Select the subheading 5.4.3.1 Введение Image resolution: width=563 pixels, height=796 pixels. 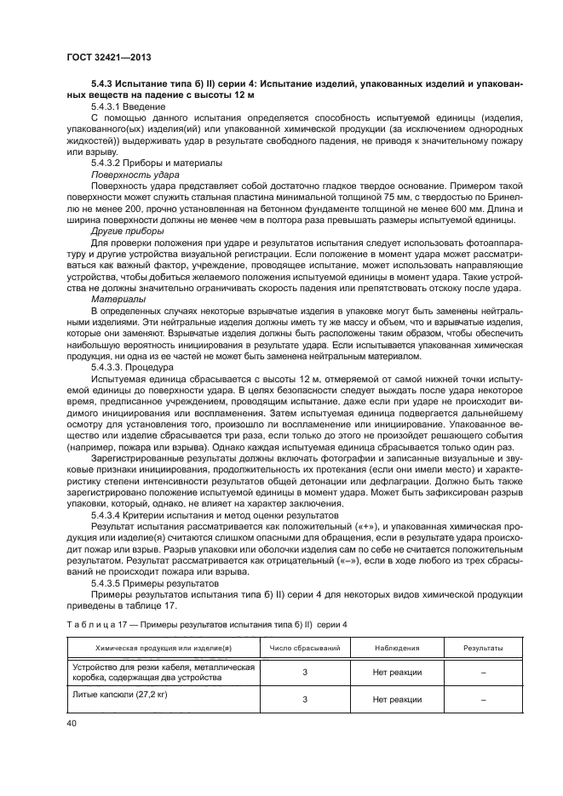(x=127, y=107)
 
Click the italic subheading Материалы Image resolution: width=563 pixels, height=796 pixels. (x=118, y=299)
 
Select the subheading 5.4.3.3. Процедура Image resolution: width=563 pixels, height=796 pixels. (x=137, y=367)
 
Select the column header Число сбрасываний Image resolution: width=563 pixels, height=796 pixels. (x=304, y=648)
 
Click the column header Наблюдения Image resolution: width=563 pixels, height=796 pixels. (x=397, y=648)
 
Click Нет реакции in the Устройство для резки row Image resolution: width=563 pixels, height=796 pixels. (x=397, y=673)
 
